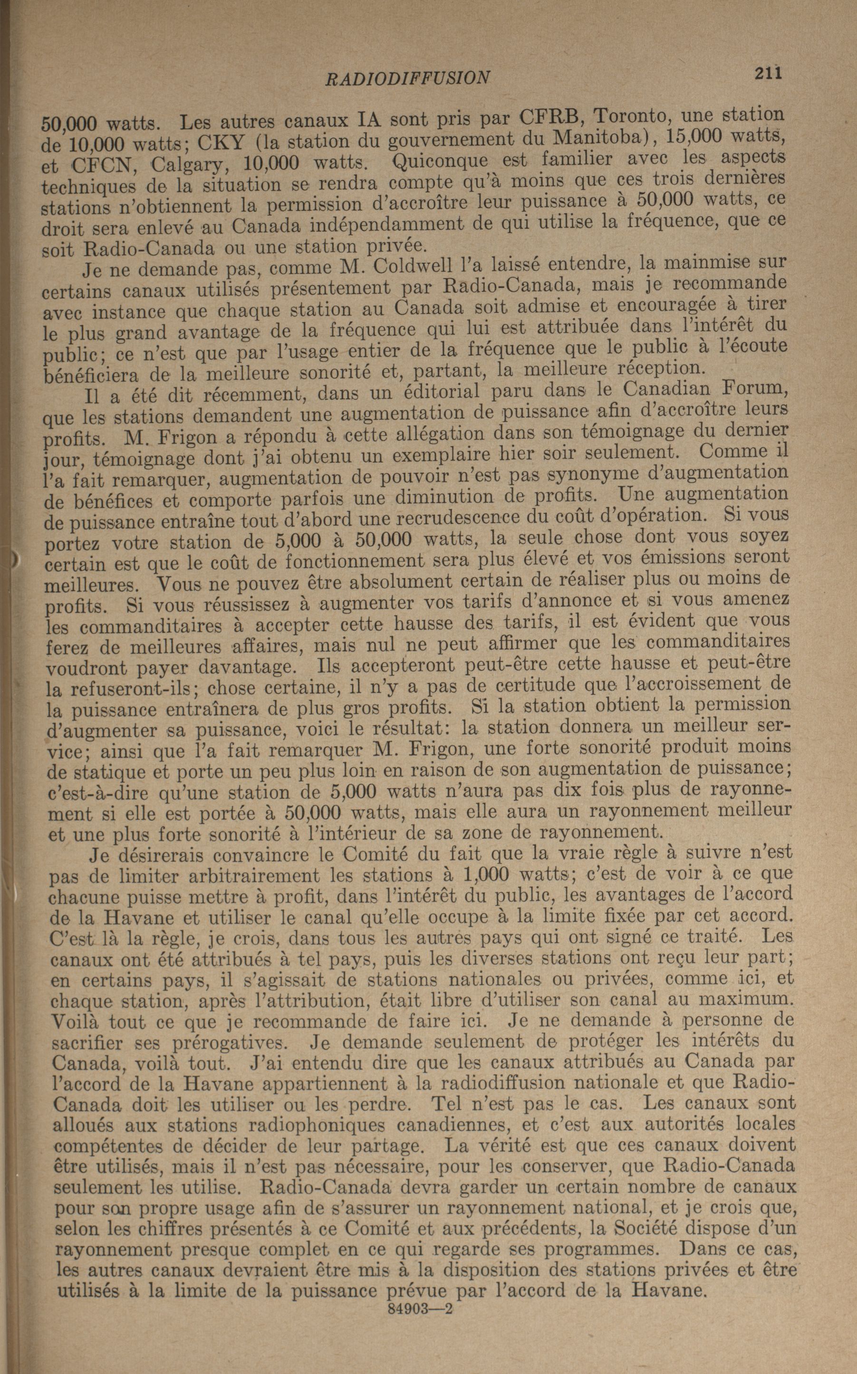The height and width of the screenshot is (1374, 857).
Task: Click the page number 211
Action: pyautogui.click(x=768, y=73)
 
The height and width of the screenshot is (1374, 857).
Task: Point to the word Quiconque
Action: pyautogui.click(x=435, y=160)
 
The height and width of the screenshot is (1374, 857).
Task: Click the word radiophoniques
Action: pyautogui.click(x=324, y=1124)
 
